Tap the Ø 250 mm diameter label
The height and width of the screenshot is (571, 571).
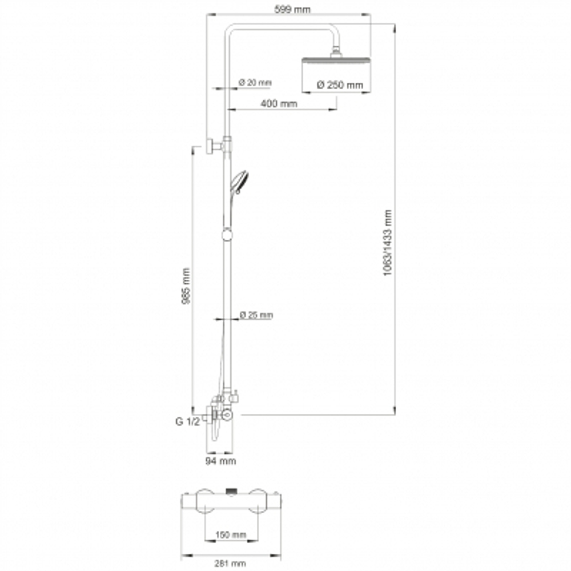pyautogui.click(x=340, y=85)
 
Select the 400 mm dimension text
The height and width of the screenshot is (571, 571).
pyautogui.click(x=279, y=104)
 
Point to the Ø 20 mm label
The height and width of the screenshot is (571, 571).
pyautogui.click(x=255, y=82)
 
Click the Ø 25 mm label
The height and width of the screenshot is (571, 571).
pyautogui.click(x=256, y=315)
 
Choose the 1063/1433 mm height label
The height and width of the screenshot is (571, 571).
pyautogui.click(x=388, y=243)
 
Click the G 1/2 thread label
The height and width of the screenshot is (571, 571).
pyautogui.click(x=187, y=422)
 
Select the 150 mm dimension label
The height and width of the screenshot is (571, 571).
pyautogui.click(x=231, y=535)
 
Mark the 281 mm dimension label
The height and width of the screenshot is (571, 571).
pyautogui.click(x=230, y=564)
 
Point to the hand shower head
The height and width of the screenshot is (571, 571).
pyautogui.click(x=239, y=182)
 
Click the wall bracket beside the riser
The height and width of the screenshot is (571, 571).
pyautogui.click(x=215, y=146)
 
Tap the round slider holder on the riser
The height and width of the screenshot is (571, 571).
pyautogui.click(x=227, y=234)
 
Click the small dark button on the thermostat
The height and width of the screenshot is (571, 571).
pyautogui.click(x=231, y=492)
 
